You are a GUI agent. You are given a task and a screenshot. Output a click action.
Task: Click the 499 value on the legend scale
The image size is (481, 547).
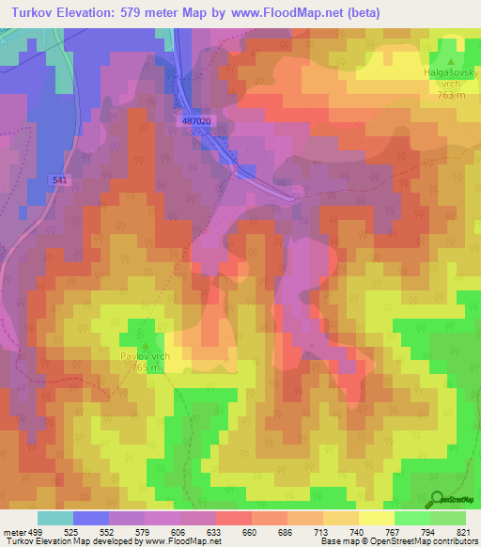point(36,533)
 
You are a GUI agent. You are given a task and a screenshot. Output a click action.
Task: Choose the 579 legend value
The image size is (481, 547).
point(143,533)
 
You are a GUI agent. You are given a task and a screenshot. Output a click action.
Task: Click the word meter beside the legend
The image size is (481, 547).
point(13,533)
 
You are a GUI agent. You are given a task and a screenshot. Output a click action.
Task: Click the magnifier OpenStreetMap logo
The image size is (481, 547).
point(436,498)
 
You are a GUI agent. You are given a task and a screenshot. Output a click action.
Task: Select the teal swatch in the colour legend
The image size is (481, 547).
point(54,518)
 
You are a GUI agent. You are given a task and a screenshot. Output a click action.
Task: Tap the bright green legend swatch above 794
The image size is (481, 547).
point(411,518)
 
